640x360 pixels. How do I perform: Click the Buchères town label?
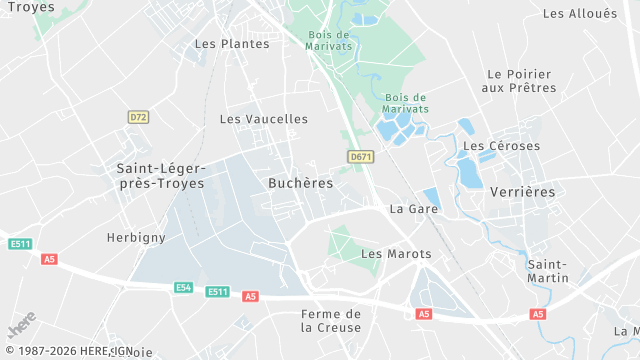click(301, 183)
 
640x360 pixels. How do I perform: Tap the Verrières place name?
click(522, 191)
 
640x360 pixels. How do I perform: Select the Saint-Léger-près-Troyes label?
click(161, 175)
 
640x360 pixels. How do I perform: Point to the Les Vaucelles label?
click(264, 118)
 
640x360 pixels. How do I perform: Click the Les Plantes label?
click(232, 43)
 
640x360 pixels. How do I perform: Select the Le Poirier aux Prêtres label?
click(519, 81)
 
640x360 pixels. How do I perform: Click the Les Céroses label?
click(502, 146)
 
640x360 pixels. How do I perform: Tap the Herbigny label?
click(136, 237)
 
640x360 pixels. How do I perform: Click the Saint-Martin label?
click(548, 270)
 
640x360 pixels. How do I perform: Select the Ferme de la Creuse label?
click(331, 320)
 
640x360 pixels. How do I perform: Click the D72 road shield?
click(138, 117)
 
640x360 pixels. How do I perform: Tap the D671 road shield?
click(361, 157)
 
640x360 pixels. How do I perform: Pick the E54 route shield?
click(183, 287)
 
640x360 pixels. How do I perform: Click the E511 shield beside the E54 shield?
click(217, 292)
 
